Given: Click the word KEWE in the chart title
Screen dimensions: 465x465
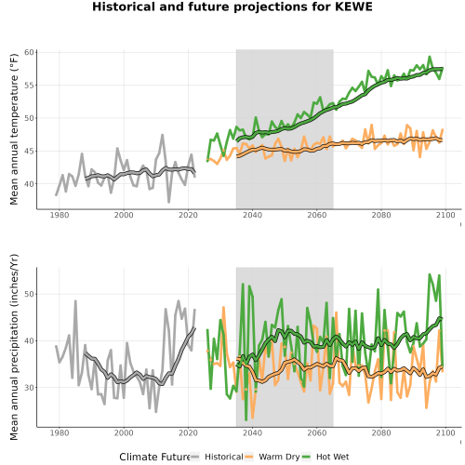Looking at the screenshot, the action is (x=353, y=7).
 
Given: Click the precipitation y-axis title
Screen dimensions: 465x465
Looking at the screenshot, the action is (x=14, y=347).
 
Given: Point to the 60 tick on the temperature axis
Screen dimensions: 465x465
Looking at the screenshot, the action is (x=29, y=52).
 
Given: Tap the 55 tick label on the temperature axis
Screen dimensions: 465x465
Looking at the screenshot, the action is (x=29, y=86).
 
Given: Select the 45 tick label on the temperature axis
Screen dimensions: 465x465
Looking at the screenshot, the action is (x=29, y=152).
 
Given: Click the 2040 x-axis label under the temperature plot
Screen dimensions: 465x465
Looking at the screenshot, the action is (x=252, y=215).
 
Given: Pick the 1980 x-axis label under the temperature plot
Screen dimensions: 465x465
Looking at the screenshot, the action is (x=60, y=215).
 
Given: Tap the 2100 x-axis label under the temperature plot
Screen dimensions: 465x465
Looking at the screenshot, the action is (x=445, y=215).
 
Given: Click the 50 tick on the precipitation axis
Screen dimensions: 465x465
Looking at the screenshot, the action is (x=29, y=294).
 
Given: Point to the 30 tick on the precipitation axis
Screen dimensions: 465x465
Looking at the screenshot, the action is (x=29, y=388).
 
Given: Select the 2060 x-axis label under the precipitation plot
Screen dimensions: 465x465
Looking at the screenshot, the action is (x=317, y=432).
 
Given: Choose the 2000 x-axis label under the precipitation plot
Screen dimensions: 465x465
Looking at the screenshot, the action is (x=124, y=432).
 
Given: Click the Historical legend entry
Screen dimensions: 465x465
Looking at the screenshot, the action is (x=217, y=457).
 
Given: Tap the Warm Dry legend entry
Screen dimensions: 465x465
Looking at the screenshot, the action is (x=272, y=457).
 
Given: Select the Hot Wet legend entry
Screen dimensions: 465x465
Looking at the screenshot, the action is (x=325, y=457).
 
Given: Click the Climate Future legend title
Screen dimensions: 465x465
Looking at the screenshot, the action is (x=154, y=457).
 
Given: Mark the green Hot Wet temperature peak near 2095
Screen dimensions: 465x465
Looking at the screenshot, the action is (x=430, y=57).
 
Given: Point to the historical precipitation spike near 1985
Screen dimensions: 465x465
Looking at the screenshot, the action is (x=75, y=301).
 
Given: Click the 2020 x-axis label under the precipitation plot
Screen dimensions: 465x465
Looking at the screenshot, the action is (x=188, y=432).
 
